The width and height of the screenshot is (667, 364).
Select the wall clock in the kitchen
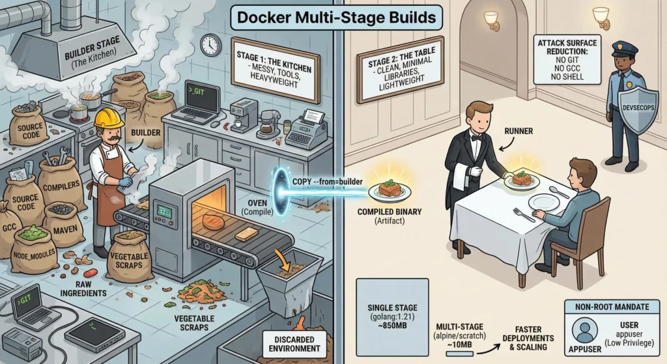(x=210, y=45)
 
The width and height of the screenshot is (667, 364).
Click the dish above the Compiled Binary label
(x=389, y=190)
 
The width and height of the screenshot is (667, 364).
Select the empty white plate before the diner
(x=544, y=203)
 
